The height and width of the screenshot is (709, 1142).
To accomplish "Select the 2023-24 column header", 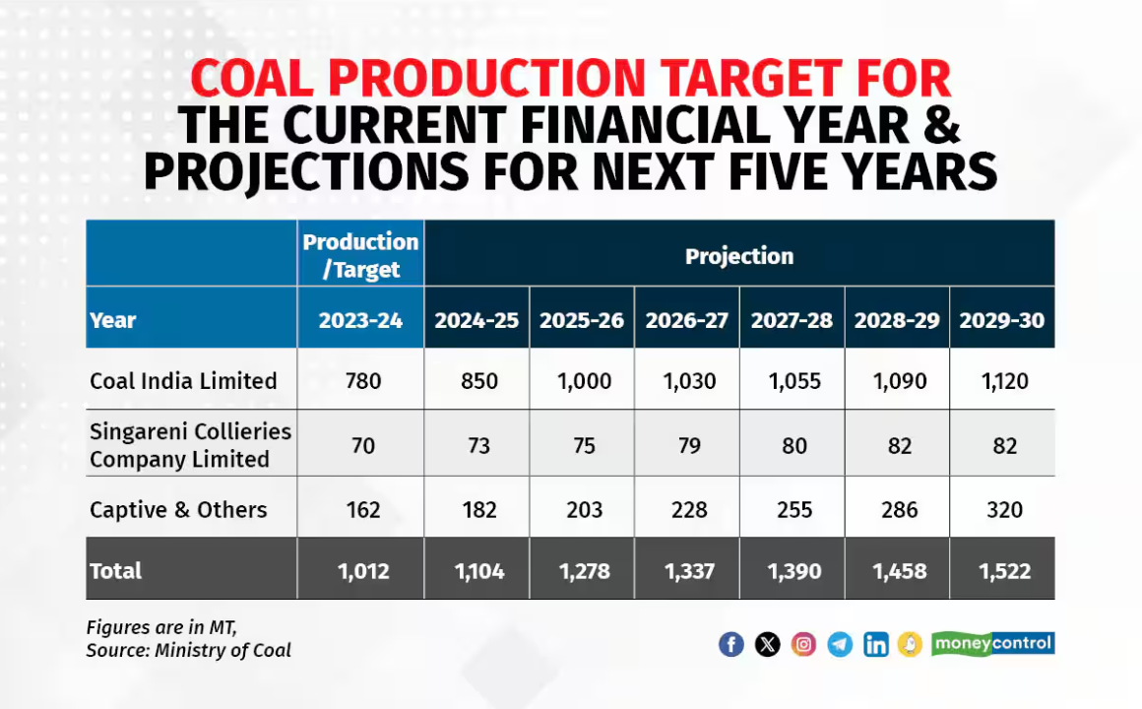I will [360, 320].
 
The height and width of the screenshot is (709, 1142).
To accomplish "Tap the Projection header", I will [738, 256].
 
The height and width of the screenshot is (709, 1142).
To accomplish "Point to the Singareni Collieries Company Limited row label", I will [191, 445].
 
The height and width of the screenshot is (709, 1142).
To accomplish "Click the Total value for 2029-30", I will [1002, 571].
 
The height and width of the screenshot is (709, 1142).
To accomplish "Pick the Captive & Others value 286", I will [897, 509].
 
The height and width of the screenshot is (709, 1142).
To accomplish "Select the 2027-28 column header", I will [792, 320].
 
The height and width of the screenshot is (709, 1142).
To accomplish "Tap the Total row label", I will [116, 571].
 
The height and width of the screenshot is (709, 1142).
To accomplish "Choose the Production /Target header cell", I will [360, 255].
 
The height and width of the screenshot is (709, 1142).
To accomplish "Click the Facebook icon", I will [730, 644].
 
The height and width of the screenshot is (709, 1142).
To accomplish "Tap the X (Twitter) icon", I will [768, 644].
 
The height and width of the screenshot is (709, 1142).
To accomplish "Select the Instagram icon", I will [804, 644].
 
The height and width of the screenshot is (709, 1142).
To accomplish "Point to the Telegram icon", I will [840, 644].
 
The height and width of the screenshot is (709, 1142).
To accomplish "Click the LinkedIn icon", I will [875, 644].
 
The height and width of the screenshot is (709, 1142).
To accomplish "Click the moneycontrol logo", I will [992, 643].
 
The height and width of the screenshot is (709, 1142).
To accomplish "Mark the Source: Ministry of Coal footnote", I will [188, 650].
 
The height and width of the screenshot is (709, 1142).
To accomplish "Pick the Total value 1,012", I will [360, 571].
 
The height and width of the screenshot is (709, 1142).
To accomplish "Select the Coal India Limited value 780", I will [360, 381].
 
